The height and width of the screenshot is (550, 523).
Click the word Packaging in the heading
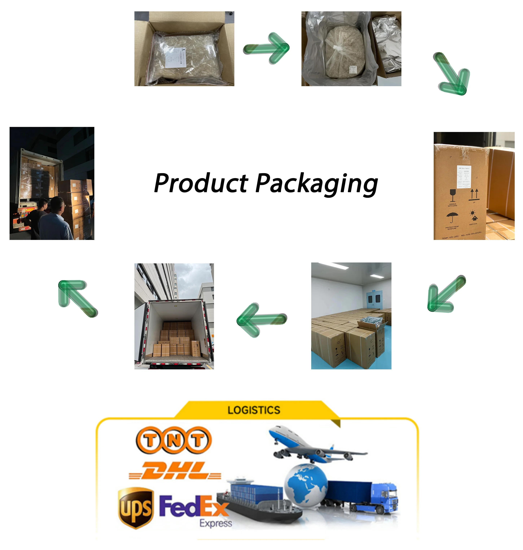(316, 184)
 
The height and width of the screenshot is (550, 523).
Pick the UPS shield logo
(136, 508)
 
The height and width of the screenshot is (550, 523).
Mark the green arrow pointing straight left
(261, 320)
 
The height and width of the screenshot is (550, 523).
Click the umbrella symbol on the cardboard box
(452, 217)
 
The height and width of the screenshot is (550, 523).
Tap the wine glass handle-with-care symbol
(453, 195)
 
